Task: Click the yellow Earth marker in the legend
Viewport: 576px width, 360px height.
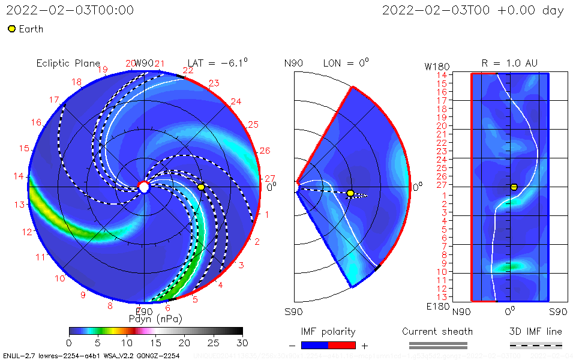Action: (11, 29)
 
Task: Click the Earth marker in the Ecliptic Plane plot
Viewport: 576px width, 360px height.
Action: (201, 187)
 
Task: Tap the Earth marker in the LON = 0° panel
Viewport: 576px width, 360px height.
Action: (350, 193)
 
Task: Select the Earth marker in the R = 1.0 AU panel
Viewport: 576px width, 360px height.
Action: (514, 187)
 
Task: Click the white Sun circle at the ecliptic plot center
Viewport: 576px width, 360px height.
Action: (144, 187)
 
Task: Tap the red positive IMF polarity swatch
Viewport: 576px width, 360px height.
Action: (342, 345)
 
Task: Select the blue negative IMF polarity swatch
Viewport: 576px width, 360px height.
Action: (314, 345)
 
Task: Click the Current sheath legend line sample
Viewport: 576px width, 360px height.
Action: (437, 345)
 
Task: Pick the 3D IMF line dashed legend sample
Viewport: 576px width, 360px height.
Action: (536, 345)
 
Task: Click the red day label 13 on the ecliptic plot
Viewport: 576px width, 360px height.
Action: (20, 205)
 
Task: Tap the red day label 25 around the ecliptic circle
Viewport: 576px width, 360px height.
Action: (253, 125)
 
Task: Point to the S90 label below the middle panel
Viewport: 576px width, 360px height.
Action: (293, 311)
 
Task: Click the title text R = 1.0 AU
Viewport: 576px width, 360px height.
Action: (509, 63)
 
